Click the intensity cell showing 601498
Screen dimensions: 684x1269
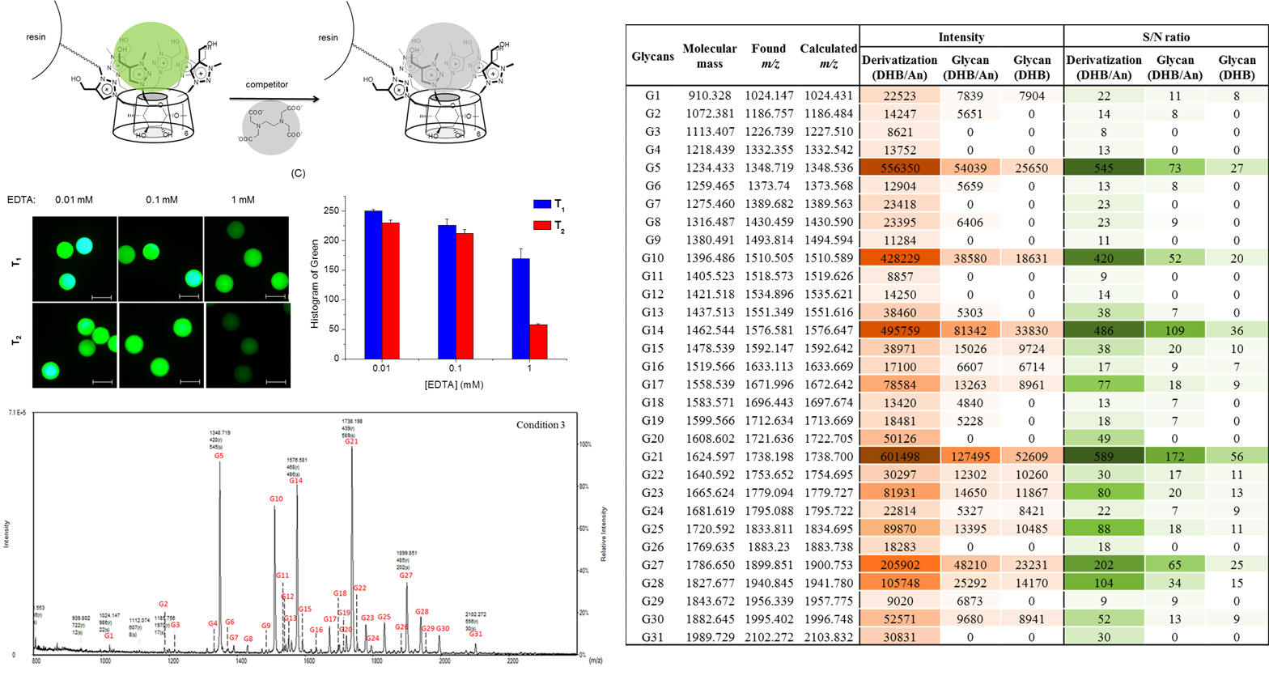899,457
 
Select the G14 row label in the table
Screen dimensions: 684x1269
652,330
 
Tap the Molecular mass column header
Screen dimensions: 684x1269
709,56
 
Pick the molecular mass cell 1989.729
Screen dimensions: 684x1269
709,637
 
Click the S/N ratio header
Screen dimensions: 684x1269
1165,36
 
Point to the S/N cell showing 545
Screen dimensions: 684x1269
1103,168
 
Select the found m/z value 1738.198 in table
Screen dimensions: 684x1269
769,457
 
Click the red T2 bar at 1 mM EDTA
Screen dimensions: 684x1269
538,341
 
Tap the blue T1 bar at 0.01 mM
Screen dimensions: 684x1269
373,284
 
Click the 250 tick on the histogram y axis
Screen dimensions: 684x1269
331,210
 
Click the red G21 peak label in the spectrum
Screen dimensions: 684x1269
351,441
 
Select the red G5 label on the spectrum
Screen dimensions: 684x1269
219,456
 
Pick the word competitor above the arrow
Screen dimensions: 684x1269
267,84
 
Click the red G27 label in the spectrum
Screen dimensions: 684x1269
405,576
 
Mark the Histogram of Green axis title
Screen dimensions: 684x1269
315,284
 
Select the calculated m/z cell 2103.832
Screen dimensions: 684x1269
829,637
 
